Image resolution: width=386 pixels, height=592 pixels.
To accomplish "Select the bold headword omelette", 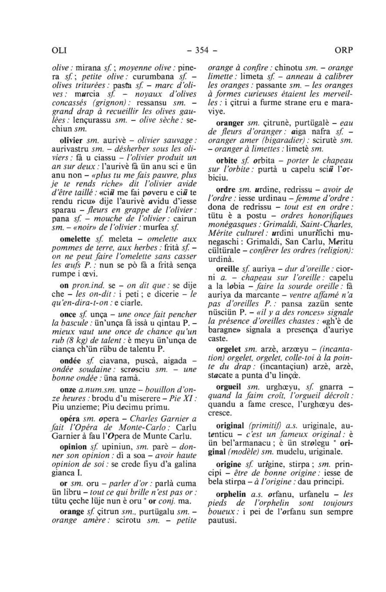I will click(75, 239).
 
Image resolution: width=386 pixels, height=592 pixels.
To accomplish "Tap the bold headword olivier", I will click(72, 140).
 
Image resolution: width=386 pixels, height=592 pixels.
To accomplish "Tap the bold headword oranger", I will click(230, 123).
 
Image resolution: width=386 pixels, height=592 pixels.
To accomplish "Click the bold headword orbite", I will click(227, 161).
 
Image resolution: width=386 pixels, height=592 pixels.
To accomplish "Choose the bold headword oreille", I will click(228, 269).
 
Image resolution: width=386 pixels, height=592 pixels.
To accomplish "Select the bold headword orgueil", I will click(229, 387).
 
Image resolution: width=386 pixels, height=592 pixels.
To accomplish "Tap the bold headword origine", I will click(228, 464).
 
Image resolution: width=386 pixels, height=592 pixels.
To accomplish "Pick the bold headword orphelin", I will click(231, 494).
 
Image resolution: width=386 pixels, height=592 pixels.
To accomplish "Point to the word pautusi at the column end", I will click(222, 521).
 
